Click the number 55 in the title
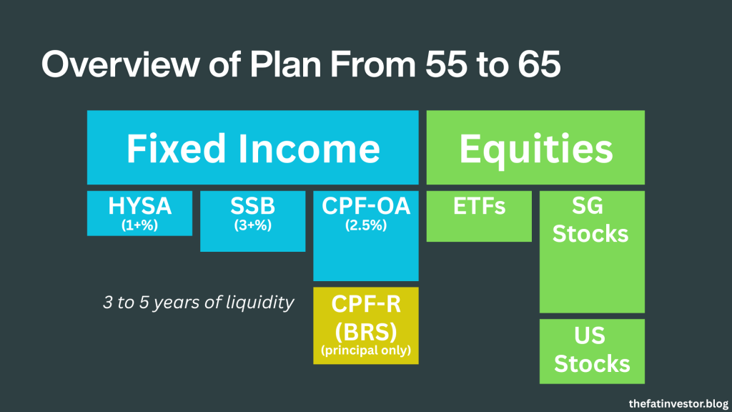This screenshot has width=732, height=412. [445, 64]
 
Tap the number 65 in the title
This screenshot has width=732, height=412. [539, 64]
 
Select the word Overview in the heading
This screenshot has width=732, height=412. [120, 64]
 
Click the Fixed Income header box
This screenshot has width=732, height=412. [252, 147]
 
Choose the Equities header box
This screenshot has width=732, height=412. [535, 147]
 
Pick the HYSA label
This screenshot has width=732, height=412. [139, 206]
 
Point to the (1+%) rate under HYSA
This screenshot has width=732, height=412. [139, 225]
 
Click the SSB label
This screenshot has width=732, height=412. [252, 206]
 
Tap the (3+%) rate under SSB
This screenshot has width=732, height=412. [252, 225]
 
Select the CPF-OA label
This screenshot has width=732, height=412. [365, 206]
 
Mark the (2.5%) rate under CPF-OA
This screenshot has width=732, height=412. [365, 225]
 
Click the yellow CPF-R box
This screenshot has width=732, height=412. [365, 325]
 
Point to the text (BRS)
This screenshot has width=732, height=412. [365, 332]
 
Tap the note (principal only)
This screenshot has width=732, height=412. [365, 350]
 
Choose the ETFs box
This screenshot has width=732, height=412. [479, 216]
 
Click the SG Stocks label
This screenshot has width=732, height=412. [590, 220]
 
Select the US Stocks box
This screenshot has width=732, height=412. [592, 351]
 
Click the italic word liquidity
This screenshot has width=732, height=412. [260, 303]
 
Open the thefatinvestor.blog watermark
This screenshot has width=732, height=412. [678, 403]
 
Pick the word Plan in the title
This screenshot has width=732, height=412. [286, 64]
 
